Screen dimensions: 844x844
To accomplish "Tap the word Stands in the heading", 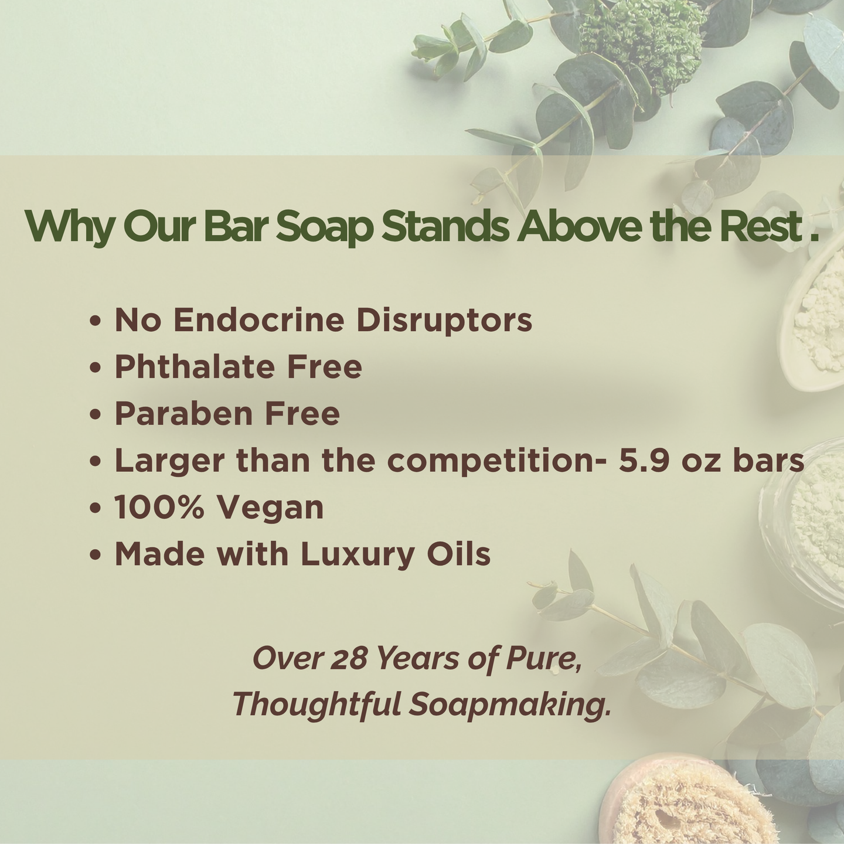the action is pos(445,227).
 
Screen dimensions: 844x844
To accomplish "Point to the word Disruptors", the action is pos(444,320).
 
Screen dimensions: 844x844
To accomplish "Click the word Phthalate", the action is pos(195,366).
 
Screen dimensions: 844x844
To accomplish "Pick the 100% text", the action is pos(159,507).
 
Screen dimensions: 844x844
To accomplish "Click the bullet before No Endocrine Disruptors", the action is pos(95,321).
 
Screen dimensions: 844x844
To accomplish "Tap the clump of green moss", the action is pos(644,44).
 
